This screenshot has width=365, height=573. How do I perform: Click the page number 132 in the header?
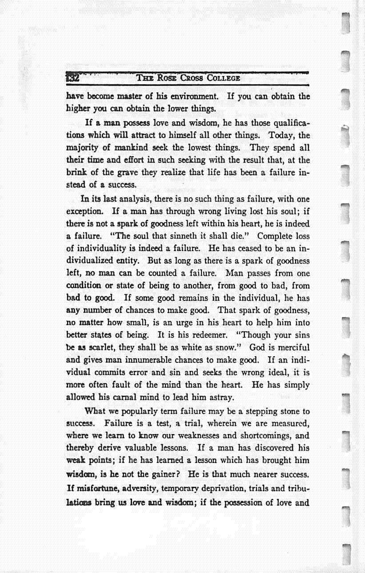tap(72, 77)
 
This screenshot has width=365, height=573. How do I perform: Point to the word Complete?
tap(276, 236)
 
